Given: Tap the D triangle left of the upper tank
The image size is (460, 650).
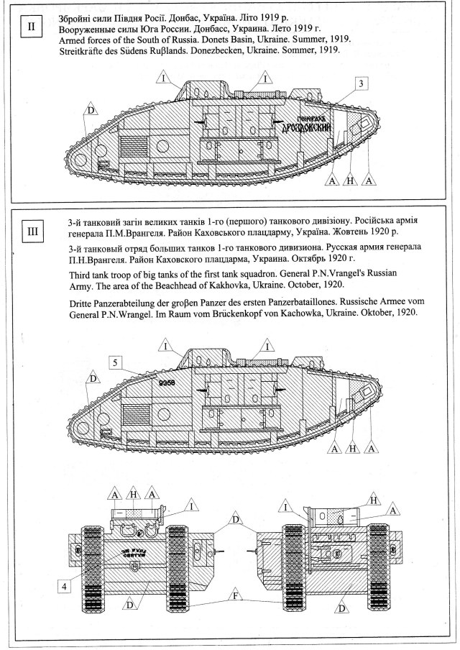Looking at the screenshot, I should coord(90,110).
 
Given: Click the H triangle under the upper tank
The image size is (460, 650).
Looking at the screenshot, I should coord(350,180).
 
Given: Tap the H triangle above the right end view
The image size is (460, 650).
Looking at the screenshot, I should coord(372,499).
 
